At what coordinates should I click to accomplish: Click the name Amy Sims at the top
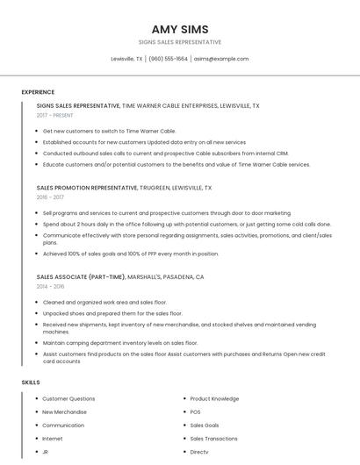click(x=180, y=28)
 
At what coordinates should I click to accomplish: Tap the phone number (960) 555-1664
click(x=168, y=59)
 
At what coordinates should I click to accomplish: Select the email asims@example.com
click(x=221, y=59)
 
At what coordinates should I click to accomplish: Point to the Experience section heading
click(x=38, y=92)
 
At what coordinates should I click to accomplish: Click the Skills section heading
click(x=31, y=383)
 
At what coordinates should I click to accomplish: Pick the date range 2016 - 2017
click(x=50, y=197)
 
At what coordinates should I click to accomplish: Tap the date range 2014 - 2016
click(x=50, y=286)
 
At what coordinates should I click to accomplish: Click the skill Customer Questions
click(x=68, y=398)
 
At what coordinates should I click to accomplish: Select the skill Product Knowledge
click(x=214, y=398)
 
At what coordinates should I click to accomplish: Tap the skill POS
click(x=195, y=411)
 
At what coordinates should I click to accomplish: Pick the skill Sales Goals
click(x=205, y=425)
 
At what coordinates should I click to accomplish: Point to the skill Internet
click(x=53, y=438)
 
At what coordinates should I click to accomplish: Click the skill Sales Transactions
click(x=213, y=438)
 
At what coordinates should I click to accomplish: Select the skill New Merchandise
click(x=64, y=411)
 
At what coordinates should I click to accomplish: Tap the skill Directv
click(x=199, y=451)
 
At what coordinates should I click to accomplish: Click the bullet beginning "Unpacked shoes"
click(x=112, y=313)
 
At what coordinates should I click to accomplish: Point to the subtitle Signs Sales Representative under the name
click(x=180, y=42)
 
